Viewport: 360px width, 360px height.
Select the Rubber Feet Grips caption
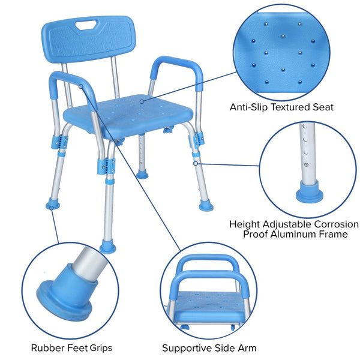point(71,347)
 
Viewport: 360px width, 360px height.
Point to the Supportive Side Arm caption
point(209,347)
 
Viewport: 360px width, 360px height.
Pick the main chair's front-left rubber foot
point(108,246)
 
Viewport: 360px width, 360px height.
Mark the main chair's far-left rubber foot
point(53,205)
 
